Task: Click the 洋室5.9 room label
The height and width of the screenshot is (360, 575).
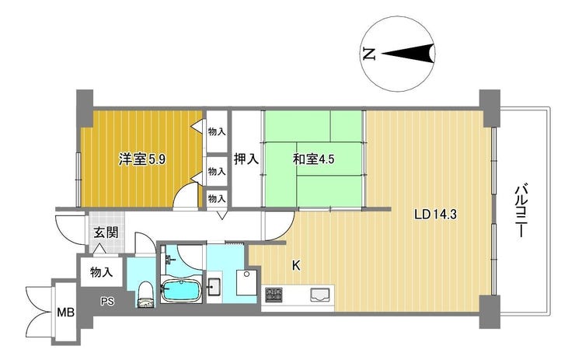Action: coord(142,159)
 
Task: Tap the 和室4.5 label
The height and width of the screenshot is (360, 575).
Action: coord(313,159)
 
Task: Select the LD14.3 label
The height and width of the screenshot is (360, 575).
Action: coord(435,215)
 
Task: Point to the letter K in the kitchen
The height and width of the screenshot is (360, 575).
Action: coord(296,266)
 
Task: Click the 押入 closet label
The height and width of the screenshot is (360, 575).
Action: coord(246,159)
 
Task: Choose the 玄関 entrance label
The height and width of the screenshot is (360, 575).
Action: coord(106,232)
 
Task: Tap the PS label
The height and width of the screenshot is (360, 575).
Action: coord(107,302)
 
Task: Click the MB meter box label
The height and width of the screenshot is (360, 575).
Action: coord(65,313)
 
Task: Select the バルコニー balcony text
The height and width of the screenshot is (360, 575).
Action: coord(521,211)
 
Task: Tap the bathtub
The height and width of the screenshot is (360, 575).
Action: coord(182,290)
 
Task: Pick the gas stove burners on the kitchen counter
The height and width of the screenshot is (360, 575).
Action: coord(274,295)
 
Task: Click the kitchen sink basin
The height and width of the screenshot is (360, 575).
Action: coord(320,295)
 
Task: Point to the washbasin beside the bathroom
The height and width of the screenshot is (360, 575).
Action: coord(214,287)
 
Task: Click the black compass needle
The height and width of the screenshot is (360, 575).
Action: coord(408,54)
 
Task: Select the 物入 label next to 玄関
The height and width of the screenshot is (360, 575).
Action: coord(102,272)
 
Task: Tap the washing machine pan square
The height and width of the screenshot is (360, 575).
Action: coord(247,282)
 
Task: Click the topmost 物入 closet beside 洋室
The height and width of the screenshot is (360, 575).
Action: coord(217,131)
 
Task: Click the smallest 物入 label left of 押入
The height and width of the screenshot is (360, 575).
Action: coord(217,199)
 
